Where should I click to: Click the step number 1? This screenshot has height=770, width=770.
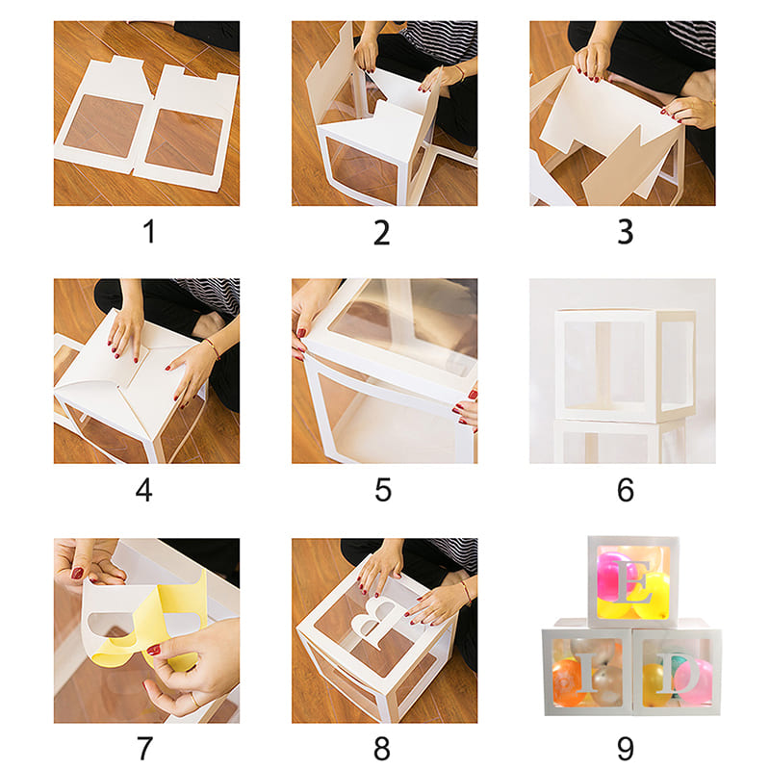tap(150, 231)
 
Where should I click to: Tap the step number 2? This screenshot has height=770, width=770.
tap(381, 232)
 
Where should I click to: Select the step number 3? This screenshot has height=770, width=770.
tap(625, 232)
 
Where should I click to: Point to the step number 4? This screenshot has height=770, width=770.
tap(143, 490)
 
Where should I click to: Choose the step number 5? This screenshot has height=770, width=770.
tap(383, 490)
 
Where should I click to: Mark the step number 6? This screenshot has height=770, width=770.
tap(625, 490)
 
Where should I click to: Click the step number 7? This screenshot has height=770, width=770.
tap(144, 748)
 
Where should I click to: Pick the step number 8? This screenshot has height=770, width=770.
tap(382, 748)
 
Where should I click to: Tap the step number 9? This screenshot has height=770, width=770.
tap(625, 748)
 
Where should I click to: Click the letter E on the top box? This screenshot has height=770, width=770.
tap(632, 581)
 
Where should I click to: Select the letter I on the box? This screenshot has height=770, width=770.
tap(588, 673)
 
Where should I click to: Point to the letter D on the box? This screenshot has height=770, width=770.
tap(679, 672)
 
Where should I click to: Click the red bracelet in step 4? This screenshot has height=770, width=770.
tap(212, 346)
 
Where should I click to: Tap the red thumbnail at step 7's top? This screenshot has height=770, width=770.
tap(78, 573)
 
